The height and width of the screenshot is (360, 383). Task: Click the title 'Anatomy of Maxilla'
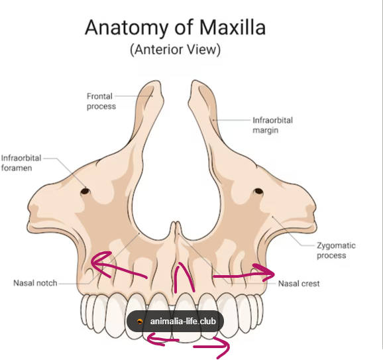tap(175, 27)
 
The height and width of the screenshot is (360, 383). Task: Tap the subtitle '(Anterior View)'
tap(176, 50)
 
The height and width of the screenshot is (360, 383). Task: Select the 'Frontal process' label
tap(101, 101)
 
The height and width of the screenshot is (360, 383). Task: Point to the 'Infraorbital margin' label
tap(272, 125)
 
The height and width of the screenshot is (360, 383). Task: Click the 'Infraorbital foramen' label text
tap(21, 163)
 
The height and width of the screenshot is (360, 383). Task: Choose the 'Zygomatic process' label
tap(336, 250)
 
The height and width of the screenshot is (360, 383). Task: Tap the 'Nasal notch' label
tap(35, 283)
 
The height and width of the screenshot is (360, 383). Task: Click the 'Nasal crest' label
tap(299, 284)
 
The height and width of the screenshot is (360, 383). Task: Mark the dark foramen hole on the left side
tap(85, 191)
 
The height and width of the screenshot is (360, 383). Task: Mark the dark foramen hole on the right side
tap(258, 191)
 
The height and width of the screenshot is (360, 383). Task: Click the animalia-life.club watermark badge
tap(175, 321)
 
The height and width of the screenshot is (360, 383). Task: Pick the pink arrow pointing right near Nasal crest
tap(245, 275)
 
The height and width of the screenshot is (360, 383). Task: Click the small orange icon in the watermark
tap(140, 322)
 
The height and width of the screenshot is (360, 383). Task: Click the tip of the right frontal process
tap(195, 81)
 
